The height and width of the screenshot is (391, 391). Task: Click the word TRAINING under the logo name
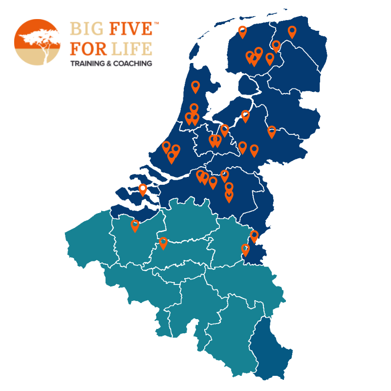(x=87, y=64)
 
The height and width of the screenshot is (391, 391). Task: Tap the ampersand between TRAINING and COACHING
(x=108, y=64)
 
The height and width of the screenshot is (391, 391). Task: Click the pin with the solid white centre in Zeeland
(x=143, y=189)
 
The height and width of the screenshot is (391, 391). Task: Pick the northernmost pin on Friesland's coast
(x=242, y=31)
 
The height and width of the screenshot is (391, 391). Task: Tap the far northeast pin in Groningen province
(x=292, y=31)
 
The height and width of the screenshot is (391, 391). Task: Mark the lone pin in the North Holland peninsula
(x=195, y=87)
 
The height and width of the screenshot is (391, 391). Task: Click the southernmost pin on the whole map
(x=246, y=249)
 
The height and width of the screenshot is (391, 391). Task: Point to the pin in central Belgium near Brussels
(x=163, y=242)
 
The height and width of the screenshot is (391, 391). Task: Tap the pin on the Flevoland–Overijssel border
(x=245, y=116)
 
